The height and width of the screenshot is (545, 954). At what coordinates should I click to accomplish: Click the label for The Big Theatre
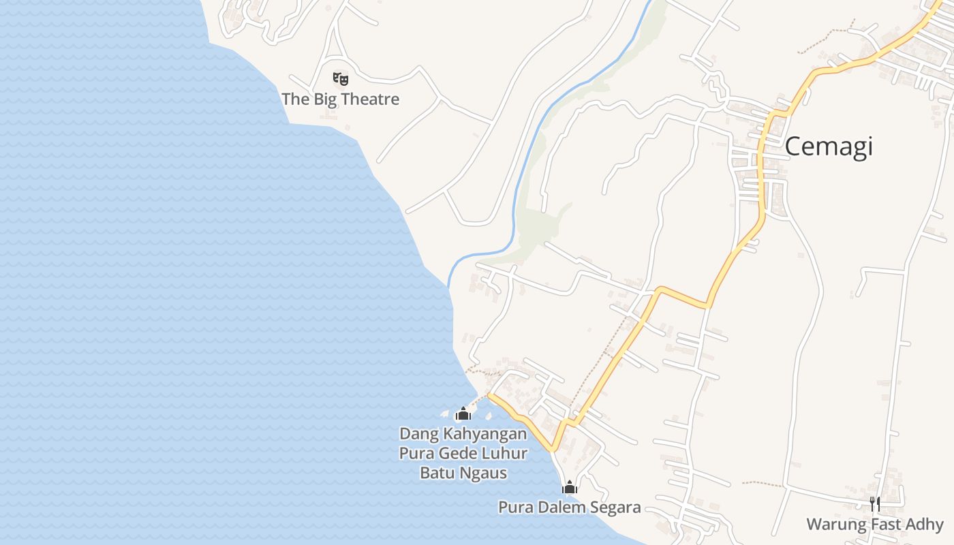tap(340, 99)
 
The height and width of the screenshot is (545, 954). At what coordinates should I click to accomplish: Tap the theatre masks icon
tap(340, 78)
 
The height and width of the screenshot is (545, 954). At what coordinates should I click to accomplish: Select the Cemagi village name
tap(828, 146)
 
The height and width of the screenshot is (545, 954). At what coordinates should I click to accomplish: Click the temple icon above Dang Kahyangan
tap(463, 413)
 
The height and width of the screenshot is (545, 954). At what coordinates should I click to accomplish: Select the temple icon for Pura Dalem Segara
tap(569, 487)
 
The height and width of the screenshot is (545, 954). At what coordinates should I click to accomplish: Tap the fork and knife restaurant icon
tap(875, 504)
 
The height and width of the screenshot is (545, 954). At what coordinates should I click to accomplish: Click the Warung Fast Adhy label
tap(875, 525)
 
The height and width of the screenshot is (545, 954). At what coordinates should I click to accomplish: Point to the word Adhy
tap(925, 525)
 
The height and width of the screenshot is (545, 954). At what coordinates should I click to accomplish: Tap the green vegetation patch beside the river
tap(538, 225)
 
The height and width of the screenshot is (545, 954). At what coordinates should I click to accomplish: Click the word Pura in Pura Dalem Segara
tap(514, 508)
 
